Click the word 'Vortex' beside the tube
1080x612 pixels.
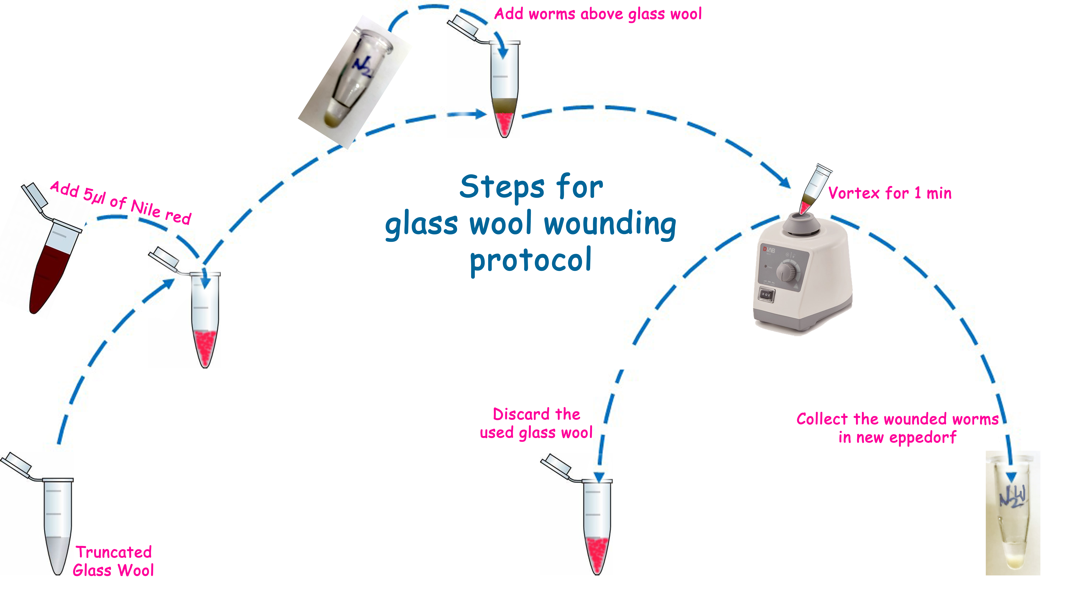coord(854,193)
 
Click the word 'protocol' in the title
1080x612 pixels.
coord(531,261)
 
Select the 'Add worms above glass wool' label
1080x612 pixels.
coord(598,14)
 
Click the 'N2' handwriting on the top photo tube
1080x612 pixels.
coord(362,66)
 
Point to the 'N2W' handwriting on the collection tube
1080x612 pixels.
coord(1013,497)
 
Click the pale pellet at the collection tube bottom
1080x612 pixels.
coord(1014,560)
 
